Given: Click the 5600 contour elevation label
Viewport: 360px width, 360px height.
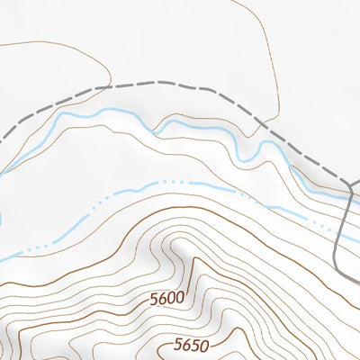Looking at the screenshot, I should [166, 297].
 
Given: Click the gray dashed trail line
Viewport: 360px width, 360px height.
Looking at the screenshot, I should [180, 87].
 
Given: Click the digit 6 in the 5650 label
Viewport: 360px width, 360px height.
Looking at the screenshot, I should [184, 346].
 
